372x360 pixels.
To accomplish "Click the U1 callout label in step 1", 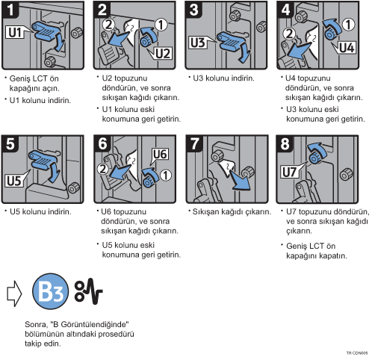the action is click(16, 32).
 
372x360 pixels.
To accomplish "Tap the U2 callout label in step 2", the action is click(163, 53).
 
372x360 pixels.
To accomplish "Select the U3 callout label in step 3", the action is click(198, 43).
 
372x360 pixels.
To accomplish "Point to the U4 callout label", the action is click(347, 47).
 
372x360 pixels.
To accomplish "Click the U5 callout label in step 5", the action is click(14, 181).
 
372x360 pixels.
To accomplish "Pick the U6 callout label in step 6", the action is click(160, 155).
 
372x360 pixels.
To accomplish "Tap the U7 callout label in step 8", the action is click(289, 172).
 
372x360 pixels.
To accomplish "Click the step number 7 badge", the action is click(194, 143).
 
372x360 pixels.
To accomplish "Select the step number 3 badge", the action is click(193, 10).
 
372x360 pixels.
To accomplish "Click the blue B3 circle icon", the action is click(50, 291).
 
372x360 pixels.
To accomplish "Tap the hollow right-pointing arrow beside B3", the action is click(14, 294).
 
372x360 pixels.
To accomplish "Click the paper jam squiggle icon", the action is click(88, 291).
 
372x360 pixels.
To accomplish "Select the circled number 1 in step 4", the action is click(348, 25).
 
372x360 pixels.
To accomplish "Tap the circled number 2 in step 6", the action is click(103, 169).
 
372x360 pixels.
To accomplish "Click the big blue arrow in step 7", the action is click(240, 180).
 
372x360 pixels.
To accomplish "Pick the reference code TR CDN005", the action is click(357, 353).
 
